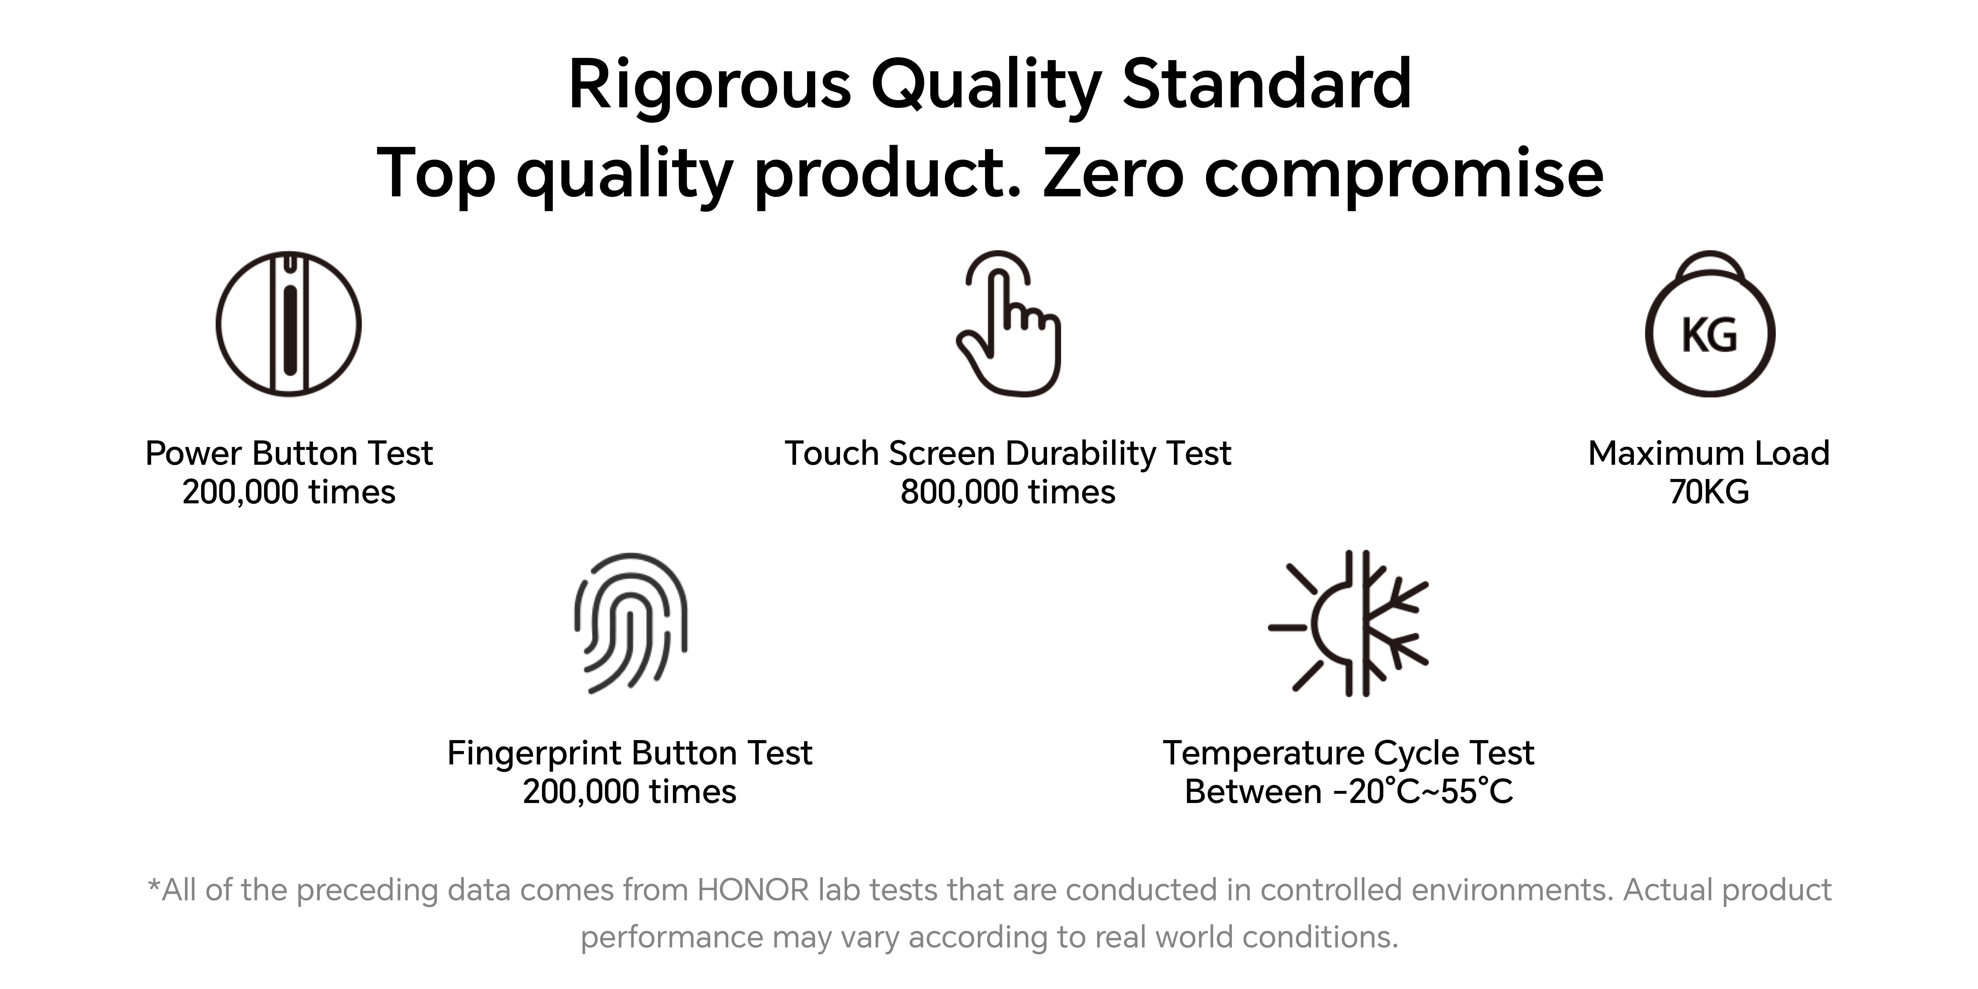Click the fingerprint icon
pyautogui.click(x=630, y=623)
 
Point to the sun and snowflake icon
pyautogui.click(x=1348, y=623)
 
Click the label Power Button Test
pyautogui.click(x=289, y=453)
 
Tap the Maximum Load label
pyautogui.click(x=1709, y=453)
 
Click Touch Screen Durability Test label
pyautogui.click(x=1007, y=453)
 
